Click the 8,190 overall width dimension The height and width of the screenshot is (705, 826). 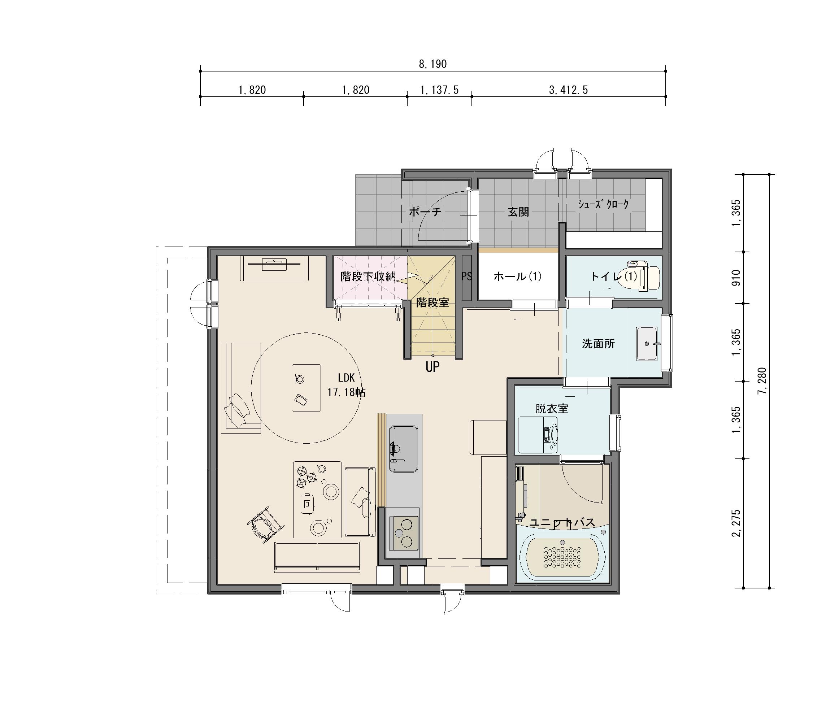click(x=432, y=64)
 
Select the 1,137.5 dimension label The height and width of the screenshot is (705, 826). click(x=439, y=90)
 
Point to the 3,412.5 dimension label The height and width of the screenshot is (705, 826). click(x=569, y=90)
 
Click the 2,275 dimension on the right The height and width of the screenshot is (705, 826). click(x=736, y=523)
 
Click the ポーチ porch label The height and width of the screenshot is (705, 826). click(x=425, y=212)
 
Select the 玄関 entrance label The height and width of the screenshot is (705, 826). click(x=518, y=212)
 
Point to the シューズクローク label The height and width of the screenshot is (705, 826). click(x=604, y=204)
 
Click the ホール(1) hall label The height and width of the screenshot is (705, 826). click(x=517, y=276)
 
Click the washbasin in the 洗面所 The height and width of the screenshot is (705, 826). click(x=647, y=344)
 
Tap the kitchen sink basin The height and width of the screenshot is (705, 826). click(x=403, y=449)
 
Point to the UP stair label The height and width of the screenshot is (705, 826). click(x=432, y=367)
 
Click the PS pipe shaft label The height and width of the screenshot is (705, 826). click(x=466, y=276)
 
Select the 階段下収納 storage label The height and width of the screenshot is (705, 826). click(x=368, y=276)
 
